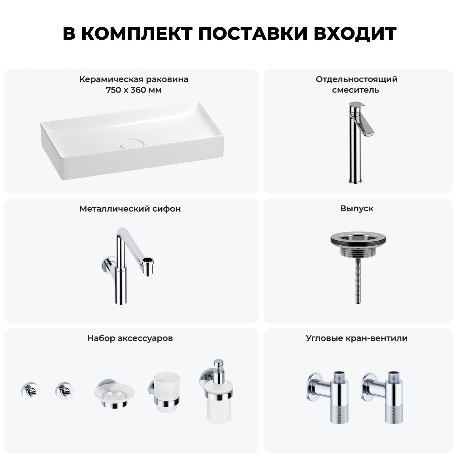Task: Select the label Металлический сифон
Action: [130, 209]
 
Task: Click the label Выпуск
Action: [357, 209]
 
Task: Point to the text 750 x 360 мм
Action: [134, 90]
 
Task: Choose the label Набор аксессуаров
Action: [130, 338]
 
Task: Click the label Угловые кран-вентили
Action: [357, 338]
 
